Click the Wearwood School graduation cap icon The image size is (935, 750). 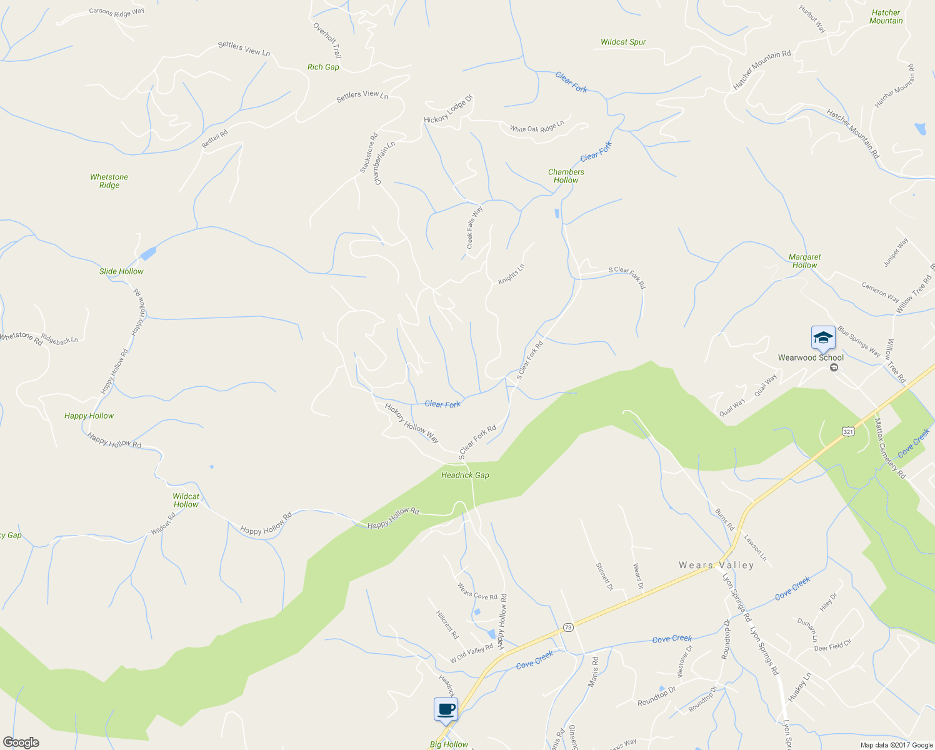click(x=823, y=337)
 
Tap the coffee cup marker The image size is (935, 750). click(x=446, y=709)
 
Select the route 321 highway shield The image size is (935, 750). click(x=847, y=431)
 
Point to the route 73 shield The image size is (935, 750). click(x=567, y=627)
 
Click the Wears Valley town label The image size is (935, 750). click(x=716, y=565)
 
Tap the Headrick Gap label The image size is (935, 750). click(x=465, y=475)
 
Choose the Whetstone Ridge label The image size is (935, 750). click(x=109, y=181)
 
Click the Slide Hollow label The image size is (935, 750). click(x=121, y=271)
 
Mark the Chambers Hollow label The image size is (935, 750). click(x=566, y=176)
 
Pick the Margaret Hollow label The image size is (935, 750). click(x=804, y=261)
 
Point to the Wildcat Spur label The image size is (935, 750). click(x=623, y=42)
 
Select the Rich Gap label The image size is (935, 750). click(x=323, y=67)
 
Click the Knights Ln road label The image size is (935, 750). click(x=511, y=274)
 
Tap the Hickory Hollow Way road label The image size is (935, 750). click(x=411, y=423)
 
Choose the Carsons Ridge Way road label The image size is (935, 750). click(x=116, y=11)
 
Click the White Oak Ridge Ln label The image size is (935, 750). click(x=536, y=126)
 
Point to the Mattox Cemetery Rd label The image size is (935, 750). click(x=890, y=449)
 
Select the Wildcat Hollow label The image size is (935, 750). click(x=186, y=501)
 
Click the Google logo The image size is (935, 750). click(x=21, y=742)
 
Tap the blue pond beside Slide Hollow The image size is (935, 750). click(x=148, y=253)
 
